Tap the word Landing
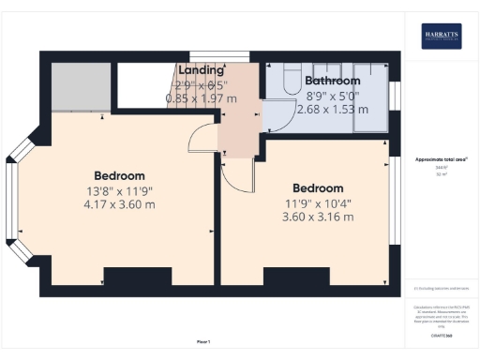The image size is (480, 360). point(202,70)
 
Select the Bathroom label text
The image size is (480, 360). point(333,81)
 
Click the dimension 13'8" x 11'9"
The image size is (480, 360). point(118,191)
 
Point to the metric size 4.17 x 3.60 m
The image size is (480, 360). point(118,204)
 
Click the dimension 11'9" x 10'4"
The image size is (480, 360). point(317,202)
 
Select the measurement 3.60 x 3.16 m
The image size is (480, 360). point(317,217)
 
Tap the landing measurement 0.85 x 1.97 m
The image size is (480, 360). point(201,97)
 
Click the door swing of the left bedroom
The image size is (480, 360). point(203,142)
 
